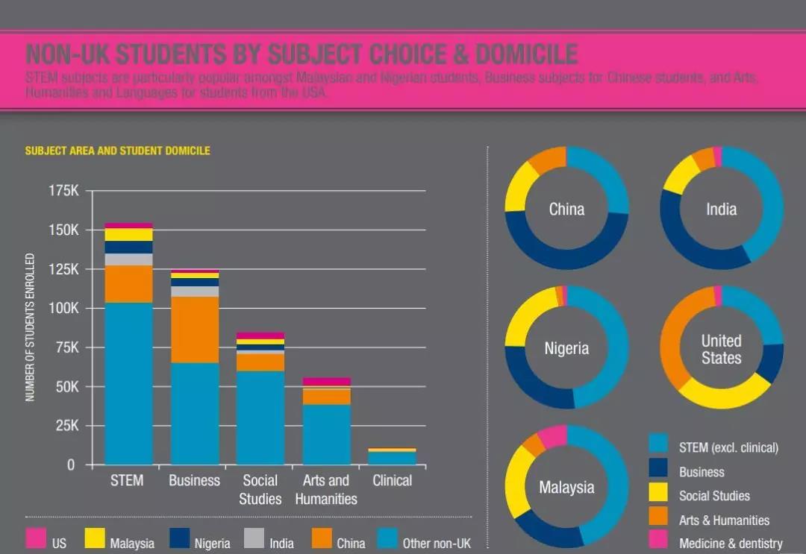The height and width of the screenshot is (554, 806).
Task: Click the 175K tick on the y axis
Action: click(63, 191)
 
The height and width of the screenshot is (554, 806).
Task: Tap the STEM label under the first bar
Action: click(127, 481)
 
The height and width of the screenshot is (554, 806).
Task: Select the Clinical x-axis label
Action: click(392, 481)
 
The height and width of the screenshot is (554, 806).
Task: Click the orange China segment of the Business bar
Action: click(194, 330)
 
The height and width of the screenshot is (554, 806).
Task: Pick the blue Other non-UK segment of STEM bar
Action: click(128, 383)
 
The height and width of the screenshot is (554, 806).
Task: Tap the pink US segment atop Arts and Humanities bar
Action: click(326, 382)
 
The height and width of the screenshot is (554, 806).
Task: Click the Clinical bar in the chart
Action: click(392, 456)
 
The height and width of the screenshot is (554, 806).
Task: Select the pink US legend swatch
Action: click(35, 538)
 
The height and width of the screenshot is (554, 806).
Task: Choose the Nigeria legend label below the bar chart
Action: click(212, 544)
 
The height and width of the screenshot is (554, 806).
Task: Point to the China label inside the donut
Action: click(566, 210)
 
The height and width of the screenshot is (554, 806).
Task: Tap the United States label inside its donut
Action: click(721, 350)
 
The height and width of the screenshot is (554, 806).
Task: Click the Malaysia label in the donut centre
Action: click(566, 488)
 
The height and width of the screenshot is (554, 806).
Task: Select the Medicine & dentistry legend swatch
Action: click(658, 540)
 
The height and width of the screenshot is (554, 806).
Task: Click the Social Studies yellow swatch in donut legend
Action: click(658, 493)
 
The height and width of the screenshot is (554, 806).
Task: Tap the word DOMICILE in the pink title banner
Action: click(527, 54)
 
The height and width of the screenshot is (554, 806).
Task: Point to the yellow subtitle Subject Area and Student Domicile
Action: click(118, 151)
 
